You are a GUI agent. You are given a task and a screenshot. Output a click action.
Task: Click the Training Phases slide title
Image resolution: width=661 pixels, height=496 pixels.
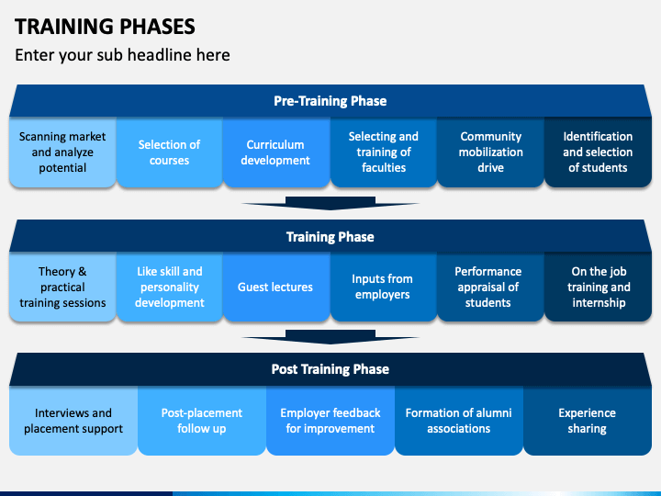coord(105,26)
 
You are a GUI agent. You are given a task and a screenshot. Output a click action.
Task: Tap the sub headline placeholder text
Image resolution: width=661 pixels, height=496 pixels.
coord(122,55)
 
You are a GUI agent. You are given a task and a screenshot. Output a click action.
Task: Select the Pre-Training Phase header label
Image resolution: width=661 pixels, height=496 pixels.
coord(330,101)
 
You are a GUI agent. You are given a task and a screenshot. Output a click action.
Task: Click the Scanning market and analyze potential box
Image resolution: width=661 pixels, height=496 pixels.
coord(62,152)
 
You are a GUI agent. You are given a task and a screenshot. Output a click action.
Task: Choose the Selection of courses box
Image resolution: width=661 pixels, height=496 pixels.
coord(170,152)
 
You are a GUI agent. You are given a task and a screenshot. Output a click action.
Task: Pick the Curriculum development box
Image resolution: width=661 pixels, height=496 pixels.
coord(276,152)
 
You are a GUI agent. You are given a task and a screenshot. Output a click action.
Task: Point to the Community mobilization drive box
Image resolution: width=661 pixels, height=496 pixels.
coord(490,152)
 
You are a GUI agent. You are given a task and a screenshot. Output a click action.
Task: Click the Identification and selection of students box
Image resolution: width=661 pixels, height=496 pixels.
coord(598,152)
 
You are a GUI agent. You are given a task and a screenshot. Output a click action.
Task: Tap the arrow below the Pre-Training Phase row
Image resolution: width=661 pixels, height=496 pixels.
coord(330,203)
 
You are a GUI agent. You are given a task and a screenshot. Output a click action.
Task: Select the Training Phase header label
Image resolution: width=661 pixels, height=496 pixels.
coord(330,237)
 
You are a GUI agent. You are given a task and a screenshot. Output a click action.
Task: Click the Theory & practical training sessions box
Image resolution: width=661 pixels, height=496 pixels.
coord(62,287)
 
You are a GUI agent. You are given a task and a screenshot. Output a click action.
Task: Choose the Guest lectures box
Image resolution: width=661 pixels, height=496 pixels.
coord(276,287)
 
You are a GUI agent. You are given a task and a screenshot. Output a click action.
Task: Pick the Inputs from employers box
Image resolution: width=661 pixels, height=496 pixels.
coord(384,287)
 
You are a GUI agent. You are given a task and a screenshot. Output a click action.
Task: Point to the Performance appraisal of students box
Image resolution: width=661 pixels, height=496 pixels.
coord(490,287)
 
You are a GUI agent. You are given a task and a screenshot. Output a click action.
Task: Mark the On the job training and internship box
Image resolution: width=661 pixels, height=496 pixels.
coord(598,287)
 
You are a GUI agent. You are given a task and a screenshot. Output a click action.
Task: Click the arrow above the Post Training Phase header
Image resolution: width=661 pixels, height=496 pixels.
coord(330,337)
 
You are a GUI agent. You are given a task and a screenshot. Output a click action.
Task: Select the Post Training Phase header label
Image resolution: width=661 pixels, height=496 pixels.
coord(330,369)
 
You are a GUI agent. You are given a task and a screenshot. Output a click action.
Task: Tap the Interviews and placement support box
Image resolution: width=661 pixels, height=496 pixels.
coord(73,421)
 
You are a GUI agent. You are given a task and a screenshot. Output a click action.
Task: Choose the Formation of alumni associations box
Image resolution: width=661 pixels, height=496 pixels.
coord(459,421)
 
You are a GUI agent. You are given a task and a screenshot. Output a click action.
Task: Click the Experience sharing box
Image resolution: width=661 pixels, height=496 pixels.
coord(588,421)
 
